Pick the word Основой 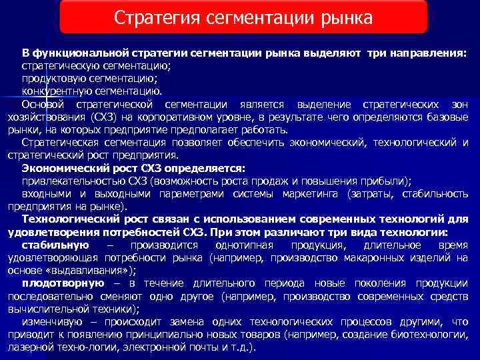point(43,105)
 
